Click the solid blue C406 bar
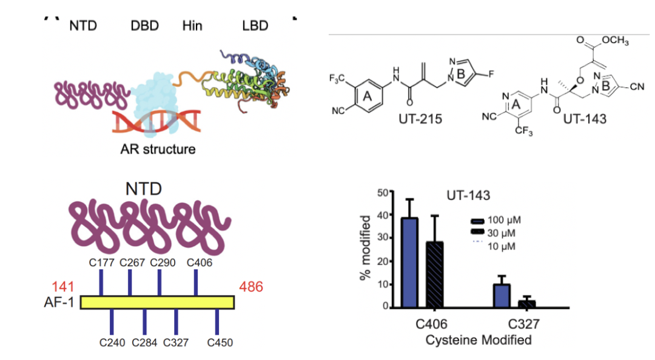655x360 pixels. coord(409,262)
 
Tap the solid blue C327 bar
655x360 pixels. coord(501,295)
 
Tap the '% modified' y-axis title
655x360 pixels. coord(366,250)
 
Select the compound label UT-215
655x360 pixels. coord(420,119)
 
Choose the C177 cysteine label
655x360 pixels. coord(101,262)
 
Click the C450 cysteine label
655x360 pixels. coord(220,342)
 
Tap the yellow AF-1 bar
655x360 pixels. coord(157,302)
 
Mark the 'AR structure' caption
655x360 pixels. coord(158,148)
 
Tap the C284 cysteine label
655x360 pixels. coord(145,342)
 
